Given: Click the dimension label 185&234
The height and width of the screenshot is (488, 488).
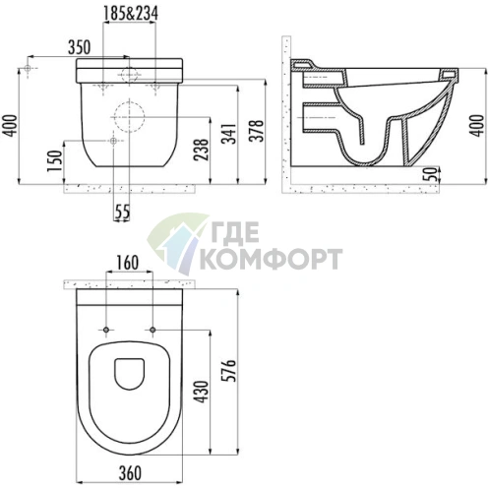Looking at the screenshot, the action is [x=131, y=14].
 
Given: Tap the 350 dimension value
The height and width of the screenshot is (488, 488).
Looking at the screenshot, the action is [x=79, y=47].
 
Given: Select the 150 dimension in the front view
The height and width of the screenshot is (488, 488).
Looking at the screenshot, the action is [x=54, y=160].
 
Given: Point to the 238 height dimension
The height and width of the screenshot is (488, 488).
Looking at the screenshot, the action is [x=201, y=150].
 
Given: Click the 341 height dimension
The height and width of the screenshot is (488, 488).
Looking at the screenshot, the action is [x=229, y=134].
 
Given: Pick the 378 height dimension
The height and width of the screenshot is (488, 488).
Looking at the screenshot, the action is [x=257, y=131].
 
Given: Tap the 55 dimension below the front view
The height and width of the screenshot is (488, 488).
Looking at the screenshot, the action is [x=122, y=212].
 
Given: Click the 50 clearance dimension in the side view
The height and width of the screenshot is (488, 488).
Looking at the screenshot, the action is [x=433, y=174].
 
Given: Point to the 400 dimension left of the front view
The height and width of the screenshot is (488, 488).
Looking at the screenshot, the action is [x=9, y=126].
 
